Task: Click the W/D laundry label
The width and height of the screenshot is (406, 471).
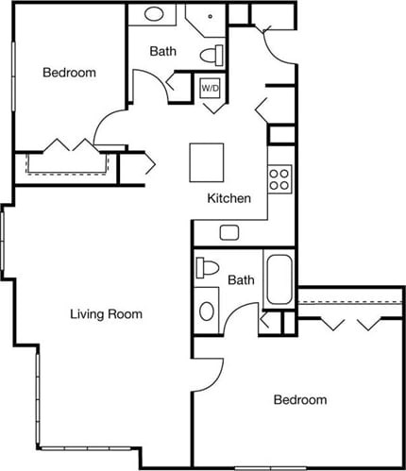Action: [x=209, y=88]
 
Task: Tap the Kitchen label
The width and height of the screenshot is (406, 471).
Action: [x=229, y=199]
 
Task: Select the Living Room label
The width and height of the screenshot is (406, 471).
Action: [x=106, y=314]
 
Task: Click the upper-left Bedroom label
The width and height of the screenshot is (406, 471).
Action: [x=69, y=73]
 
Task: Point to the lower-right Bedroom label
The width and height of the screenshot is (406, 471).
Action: [x=299, y=400]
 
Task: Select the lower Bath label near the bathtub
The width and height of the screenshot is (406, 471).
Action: [x=241, y=280]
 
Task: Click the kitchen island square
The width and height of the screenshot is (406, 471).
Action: [x=207, y=162]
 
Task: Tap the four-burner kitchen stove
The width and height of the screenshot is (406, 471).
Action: [x=279, y=179]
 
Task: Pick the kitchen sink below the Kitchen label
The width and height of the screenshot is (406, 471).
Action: [x=229, y=232]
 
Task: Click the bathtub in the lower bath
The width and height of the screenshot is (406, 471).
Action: [x=279, y=279]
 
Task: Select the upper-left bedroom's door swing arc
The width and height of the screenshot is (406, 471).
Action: [x=110, y=127]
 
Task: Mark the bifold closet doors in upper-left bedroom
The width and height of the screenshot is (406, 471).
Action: [x=65, y=147]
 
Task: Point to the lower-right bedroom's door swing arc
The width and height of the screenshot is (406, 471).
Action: [x=215, y=368]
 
